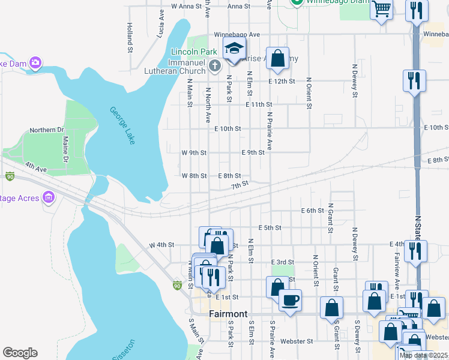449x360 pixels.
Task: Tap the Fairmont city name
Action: pos(228,314)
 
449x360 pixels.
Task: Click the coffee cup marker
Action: pos(290,299)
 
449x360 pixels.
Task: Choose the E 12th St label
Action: pos(282,81)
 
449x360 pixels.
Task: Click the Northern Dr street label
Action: pos(47,130)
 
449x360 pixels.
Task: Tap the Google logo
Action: pos(20,353)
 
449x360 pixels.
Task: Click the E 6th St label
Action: pos(312,211)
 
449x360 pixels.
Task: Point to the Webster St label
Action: pos(298,341)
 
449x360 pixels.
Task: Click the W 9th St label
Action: pos(194,153)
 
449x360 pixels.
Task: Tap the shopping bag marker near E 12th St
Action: pos(277,58)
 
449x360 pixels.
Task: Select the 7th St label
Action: pos(240,185)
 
